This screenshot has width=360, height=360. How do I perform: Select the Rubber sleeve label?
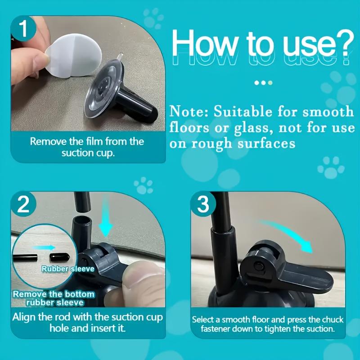pyautogui.click(x=68, y=269)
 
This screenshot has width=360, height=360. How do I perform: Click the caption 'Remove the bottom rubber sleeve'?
pyautogui.click(x=54, y=298)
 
